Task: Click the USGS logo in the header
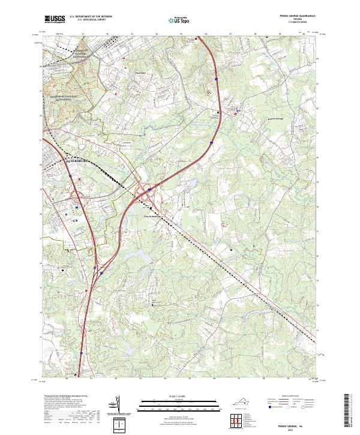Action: click(x=55, y=19)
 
